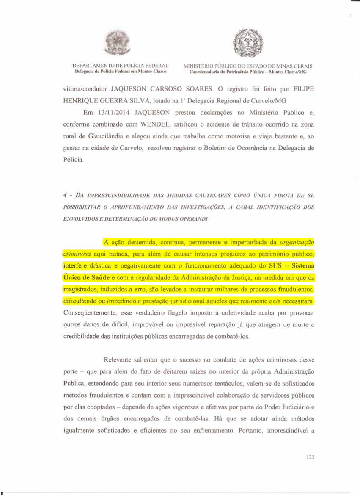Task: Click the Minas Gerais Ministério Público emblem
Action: pos(248,43)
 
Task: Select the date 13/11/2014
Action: pos(113,113)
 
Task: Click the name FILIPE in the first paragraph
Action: pos(304,90)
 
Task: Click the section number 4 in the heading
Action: pos(65,196)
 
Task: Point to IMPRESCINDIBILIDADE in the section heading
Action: pos(112,196)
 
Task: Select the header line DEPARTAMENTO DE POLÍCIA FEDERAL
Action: pos(121,66)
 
